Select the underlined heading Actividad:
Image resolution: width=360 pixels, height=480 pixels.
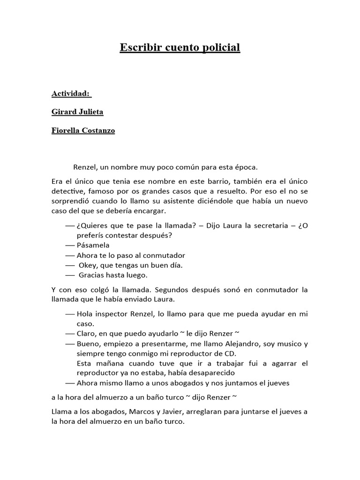pyautogui.click(x=71, y=94)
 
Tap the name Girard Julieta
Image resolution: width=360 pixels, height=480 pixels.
pyautogui.click(x=77, y=112)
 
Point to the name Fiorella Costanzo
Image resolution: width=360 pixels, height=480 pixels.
pyautogui.click(x=83, y=131)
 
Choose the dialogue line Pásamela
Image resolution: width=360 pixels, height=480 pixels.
pyautogui.click(x=93, y=245)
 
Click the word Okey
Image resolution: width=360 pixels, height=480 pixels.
pyautogui.click(x=89, y=265)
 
